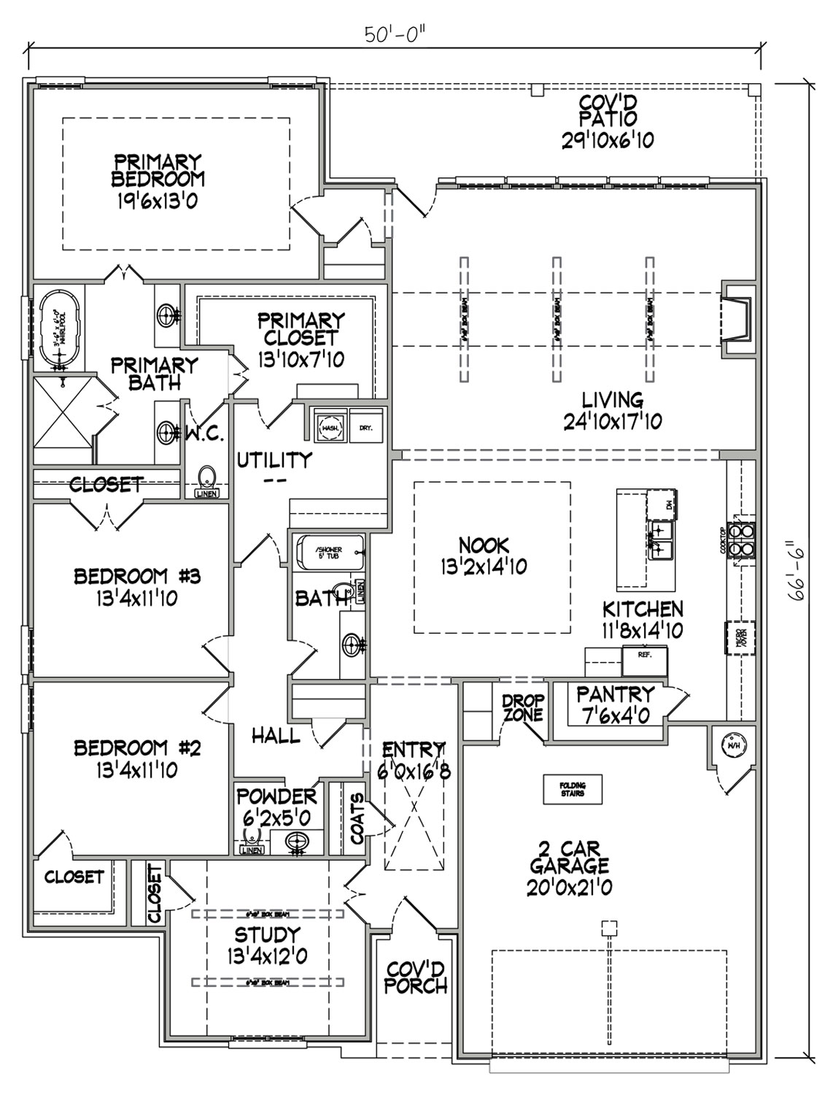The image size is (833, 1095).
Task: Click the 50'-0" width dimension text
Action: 396,34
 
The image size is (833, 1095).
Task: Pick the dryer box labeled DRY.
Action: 365,427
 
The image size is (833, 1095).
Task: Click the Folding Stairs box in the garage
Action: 573,789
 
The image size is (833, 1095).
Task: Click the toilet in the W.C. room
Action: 208,480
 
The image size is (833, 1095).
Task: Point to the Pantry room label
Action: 616,693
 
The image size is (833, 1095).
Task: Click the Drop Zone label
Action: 523,707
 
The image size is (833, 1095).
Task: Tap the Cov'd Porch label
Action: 416,977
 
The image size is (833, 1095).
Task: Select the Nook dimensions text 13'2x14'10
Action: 484,566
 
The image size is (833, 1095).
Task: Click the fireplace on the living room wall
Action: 737,319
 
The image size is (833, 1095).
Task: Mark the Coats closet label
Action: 357,819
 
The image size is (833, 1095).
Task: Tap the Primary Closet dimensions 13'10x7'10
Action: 301,358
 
